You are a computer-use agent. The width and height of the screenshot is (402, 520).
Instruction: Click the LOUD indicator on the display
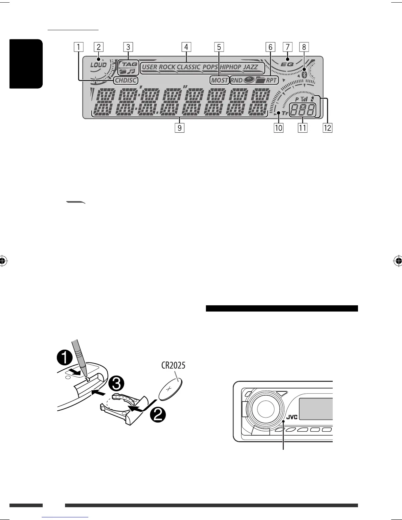pyautogui.click(x=98, y=65)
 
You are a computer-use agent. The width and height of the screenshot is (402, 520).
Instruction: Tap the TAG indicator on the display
pyautogui.click(x=130, y=64)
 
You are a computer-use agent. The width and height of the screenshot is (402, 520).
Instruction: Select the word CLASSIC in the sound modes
pyautogui.click(x=189, y=67)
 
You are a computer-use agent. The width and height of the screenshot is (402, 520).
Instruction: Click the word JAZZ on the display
pyautogui.click(x=250, y=67)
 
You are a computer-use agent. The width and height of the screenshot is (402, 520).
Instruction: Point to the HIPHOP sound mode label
pyautogui.click(x=230, y=67)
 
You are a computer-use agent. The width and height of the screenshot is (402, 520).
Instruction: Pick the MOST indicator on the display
pyautogui.click(x=219, y=80)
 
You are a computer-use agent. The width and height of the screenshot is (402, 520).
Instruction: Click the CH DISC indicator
pyautogui.click(x=126, y=80)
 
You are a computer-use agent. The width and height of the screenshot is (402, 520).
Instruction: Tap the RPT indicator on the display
pyautogui.click(x=271, y=80)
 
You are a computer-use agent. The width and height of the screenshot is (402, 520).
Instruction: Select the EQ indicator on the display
pyautogui.click(x=288, y=64)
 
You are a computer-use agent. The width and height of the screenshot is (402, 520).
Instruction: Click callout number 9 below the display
pyautogui.click(x=179, y=127)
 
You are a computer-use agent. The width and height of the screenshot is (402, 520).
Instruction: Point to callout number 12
pyautogui.click(x=327, y=127)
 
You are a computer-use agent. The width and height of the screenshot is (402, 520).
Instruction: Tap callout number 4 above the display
pyautogui.click(x=186, y=47)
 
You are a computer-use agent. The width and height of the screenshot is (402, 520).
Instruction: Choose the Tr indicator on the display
pyautogui.click(x=284, y=113)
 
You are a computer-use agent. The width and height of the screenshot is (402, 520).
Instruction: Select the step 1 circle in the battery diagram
pyautogui.click(x=64, y=357)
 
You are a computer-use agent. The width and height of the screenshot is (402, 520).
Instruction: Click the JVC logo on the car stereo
pyautogui.click(x=292, y=417)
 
